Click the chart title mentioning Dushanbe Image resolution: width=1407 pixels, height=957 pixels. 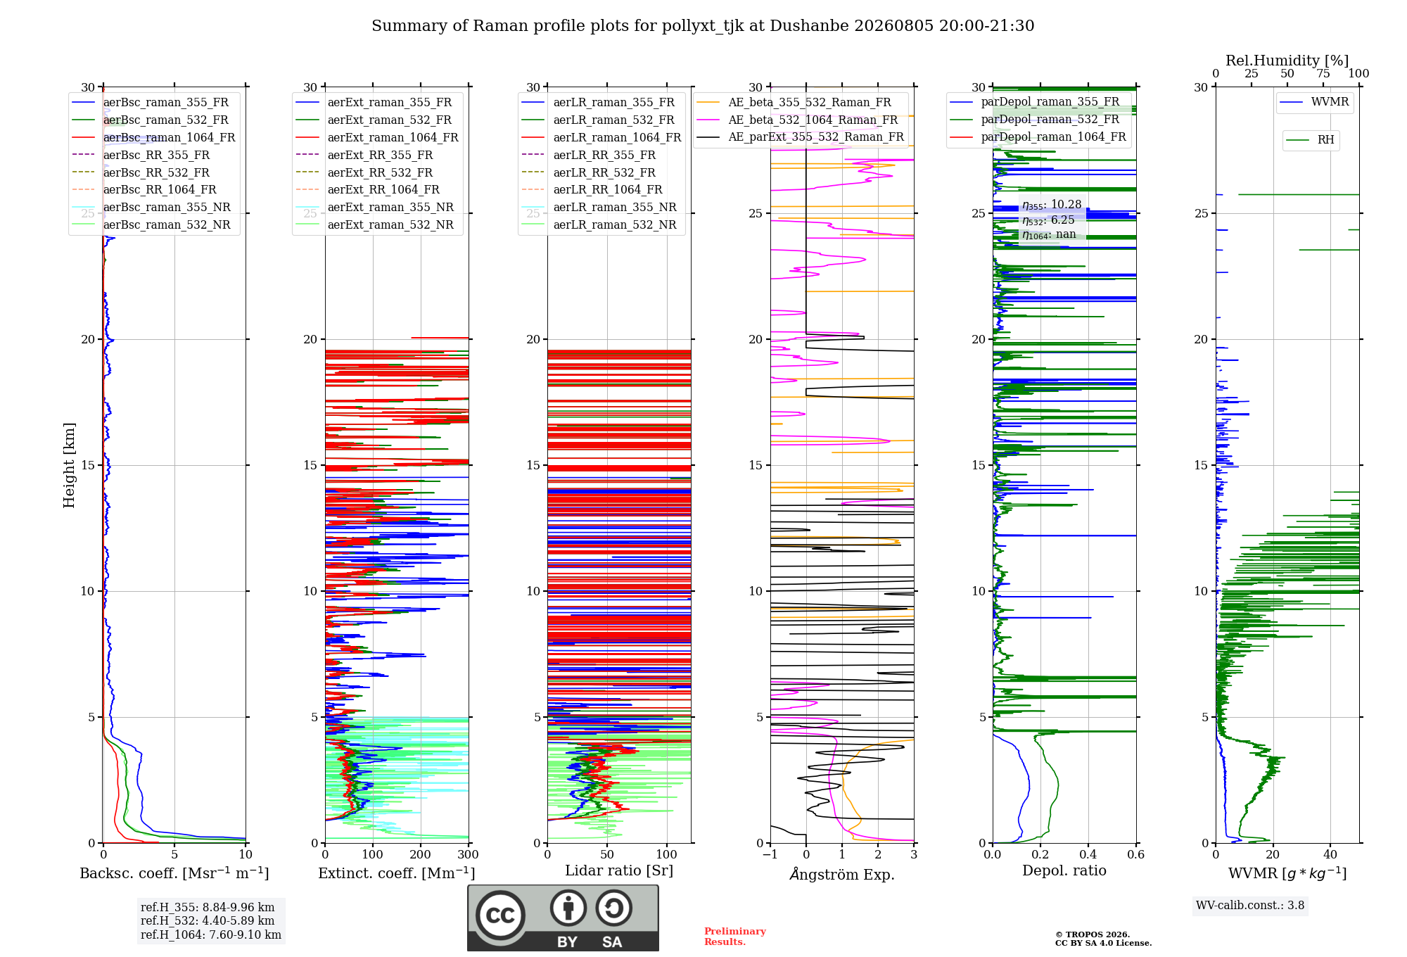pyautogui.click(x=703, y=26)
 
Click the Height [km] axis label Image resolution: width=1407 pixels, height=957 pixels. pyautogui.click(x=69, y=465)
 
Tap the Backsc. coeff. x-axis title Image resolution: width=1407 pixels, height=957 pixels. pyautogui.click(x=174, y=873)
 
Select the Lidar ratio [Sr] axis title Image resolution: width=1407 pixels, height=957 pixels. pyautogui.click(x=619, y=870)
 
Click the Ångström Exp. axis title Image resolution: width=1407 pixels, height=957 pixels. pyautogui.click(x=842, y=873)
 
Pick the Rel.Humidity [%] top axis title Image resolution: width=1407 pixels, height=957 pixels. pyautogui.click(x=1287, y=61)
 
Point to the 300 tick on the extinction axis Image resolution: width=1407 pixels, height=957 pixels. pyautogui.click(x=468, y=854)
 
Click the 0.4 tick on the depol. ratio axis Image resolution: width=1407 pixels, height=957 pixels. pyautogui.click(x=1088, y=854)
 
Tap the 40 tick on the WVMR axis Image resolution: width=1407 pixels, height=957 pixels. pyautogui.click(x=1330, y=854)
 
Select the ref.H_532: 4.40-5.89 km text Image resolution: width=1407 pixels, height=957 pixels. pyautogui.click(x=208, y=920)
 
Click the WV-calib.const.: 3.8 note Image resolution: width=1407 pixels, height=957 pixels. pyautogui.click(x=1250, y=906)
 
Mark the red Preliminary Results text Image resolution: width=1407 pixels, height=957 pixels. pyautogui.click(x=735, y=937)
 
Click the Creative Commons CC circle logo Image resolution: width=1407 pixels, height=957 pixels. pyautogui.click(x=501, y=915)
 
